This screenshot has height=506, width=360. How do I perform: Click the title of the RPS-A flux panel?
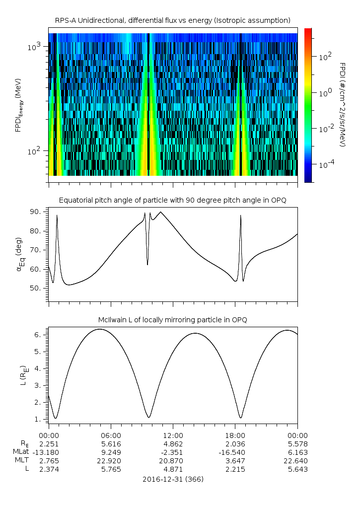click(x=173, y=20)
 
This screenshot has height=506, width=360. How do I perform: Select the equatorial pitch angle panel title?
click(x=173, y=200)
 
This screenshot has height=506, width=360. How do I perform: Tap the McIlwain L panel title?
click(x=173, y=319)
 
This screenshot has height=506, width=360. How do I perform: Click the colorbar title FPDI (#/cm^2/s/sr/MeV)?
click(x=342, y=105)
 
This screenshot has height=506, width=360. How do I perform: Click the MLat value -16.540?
click(x=235, y=452)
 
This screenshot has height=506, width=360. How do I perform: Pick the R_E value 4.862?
click(x=173, y=443)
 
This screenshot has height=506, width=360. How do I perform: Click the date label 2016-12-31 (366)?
click(x=173, y=480)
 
